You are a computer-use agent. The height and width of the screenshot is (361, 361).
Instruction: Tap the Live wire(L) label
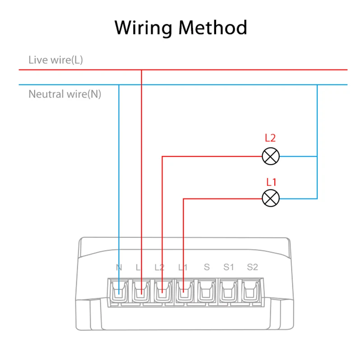tap(56, 60)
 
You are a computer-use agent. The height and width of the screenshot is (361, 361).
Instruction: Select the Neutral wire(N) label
tap(65, 94)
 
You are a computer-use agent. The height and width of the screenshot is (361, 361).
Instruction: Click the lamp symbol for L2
tap(271, 157)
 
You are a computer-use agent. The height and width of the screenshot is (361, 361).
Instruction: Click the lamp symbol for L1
tap(271, 198)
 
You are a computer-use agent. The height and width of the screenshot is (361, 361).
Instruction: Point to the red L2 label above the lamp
tap(271, 139)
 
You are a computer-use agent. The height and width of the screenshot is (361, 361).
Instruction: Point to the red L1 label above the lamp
tap(271, 182)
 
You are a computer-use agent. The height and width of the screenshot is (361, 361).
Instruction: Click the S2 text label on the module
tap(252, 267)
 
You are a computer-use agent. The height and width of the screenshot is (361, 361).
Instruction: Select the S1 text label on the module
tap(229, 267)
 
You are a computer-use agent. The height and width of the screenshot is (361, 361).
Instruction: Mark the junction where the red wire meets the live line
tap(142, 70)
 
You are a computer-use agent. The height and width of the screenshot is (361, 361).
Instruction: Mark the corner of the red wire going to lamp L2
tap(162, 157)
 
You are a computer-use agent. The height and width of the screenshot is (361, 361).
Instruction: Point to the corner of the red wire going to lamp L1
tap(184, 198)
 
